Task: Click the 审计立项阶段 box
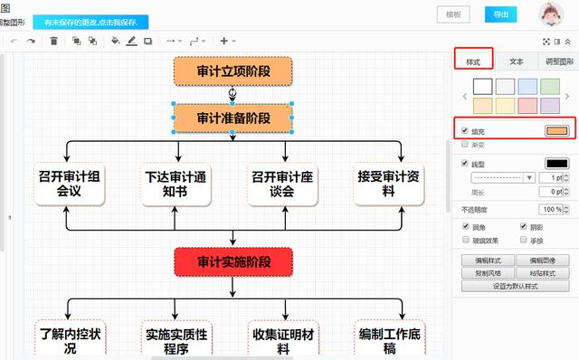pyautogui.click(x=233, y=71)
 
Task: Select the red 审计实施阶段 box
pyautogui.click(x=233, y=262)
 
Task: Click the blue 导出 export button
pyautogui.click(x=500, y=14)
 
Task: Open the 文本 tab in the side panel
pyautogui.click(x=517, y=62)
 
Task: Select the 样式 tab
pyautogui.click(x=473, y=62)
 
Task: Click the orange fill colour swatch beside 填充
pyautogui.click(x=555, y=131)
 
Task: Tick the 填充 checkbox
pyautogui.click(x=465, y=131)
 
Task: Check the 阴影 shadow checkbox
pyautogui.click(x=523, y=226)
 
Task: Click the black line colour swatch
pyautogui.click(x=555, y=164)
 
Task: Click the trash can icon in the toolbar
pyautogui.click(x=53, y=41)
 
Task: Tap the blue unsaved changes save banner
pyautogui.click(x=90, y=22)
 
